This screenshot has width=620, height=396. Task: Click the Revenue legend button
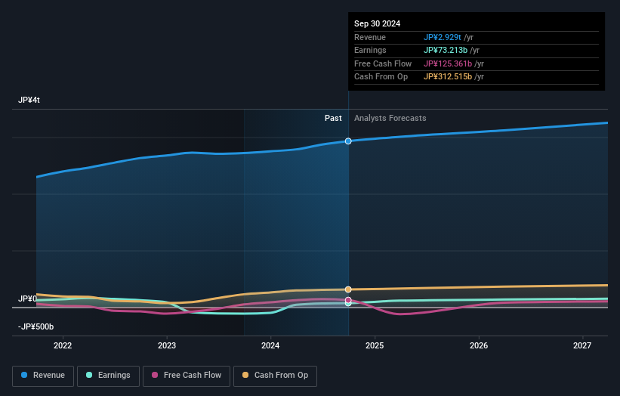(x=43, y=376)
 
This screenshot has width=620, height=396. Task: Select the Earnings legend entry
(x=107, y=376)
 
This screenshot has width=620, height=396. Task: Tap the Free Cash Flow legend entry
(x=187, y=376)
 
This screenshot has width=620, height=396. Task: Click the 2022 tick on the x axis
(x=63, y=346)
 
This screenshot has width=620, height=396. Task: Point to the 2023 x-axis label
(x=167, y=346)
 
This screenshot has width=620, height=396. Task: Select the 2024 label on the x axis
(x=270, y=346)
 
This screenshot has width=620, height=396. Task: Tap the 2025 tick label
(x=375, y=346)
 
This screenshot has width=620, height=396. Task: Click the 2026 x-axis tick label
(x=479, y=346)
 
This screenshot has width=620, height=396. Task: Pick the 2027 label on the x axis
(x=582, y=346)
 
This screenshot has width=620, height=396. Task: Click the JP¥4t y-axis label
(x=29, y=101)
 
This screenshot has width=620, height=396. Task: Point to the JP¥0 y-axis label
(x=27, y=299)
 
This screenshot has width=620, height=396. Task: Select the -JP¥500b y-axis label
(x=36, y=327)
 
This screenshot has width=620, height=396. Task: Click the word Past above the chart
(x=333, y=119)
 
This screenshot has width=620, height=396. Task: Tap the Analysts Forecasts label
(x=390, y=119)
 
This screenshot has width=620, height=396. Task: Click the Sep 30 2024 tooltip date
(x=377, y=23)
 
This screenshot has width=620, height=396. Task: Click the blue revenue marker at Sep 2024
(x=348, y=141)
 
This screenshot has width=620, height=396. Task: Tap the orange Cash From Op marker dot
(x=348, y=289)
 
